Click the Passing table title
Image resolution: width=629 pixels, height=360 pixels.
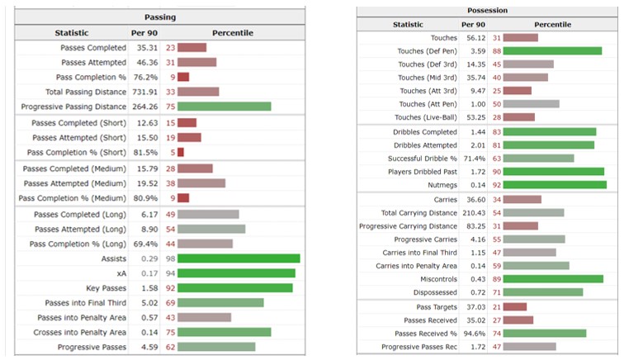point(160,17)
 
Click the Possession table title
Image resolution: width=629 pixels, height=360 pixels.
point(487,11)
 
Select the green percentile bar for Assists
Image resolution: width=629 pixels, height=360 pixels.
point(239,258)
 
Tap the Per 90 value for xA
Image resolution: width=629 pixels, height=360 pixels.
point(149,273)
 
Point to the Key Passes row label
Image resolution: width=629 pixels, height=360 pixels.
point(106,288)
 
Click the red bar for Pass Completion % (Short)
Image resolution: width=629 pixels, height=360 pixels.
point(181,153)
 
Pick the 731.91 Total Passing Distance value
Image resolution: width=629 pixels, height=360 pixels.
point(145,92)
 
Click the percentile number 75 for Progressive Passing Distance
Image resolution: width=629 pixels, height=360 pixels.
point(171,107)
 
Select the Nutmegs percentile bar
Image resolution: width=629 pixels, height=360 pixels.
point(555,185)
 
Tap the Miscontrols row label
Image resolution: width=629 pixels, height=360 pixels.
point(438,279)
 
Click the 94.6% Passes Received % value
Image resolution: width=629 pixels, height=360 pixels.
point(474,334)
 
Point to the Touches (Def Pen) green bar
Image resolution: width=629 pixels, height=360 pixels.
point(552,51)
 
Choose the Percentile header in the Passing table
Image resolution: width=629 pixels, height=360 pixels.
point(233,33)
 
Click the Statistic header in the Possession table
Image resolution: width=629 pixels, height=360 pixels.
point(408,25)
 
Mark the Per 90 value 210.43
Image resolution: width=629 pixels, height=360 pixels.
point(474,213)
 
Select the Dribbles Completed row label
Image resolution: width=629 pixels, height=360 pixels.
point(425,132)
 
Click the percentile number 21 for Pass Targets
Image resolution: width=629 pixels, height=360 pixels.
point(497,307)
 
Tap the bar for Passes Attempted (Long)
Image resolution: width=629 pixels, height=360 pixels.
point(211,230)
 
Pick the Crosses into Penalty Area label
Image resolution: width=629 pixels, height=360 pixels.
point(79,332)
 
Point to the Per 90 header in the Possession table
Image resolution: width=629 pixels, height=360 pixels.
point(473,25)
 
